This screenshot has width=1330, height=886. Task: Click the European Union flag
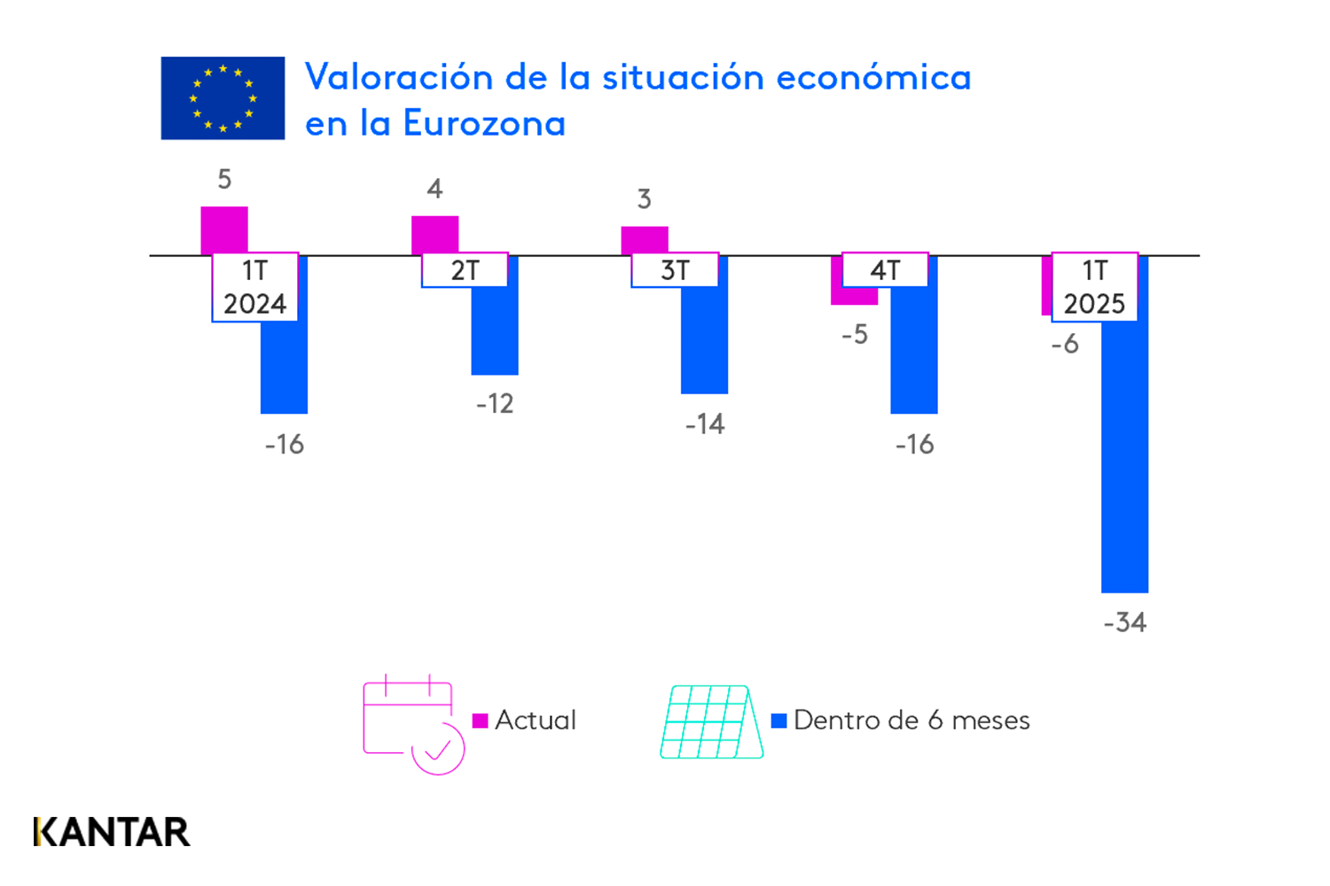223,98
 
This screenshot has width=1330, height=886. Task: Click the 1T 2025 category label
1094,287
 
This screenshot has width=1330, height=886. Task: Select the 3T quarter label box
675,270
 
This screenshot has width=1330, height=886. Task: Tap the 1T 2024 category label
254,287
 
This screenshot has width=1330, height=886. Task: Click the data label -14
705,424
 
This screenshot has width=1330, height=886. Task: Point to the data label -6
1065,344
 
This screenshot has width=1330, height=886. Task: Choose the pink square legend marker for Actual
481,720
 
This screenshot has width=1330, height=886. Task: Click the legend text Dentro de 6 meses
911,720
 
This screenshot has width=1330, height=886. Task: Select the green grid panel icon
712,722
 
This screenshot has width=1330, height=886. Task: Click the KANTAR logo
112,832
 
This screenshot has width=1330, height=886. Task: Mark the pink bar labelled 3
645,240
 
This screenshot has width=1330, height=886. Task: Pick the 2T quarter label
465,270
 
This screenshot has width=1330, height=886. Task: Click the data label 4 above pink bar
434,189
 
